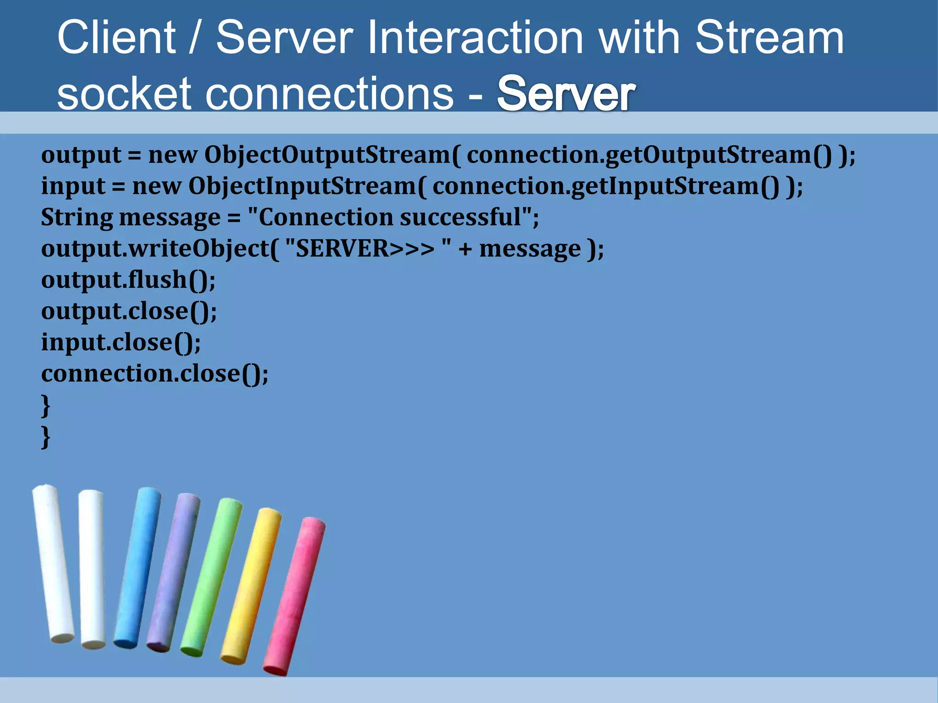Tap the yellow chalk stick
[251, 586]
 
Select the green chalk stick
[211, 577]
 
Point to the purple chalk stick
[173, 572]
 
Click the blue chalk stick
[137, 568]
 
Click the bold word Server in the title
[566, 94]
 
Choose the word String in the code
[77, 217]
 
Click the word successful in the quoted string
[461, 217]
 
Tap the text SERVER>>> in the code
[365, 249]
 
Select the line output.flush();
[128, 280]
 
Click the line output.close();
[129, 311]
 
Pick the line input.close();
[121, 342]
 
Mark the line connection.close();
[155, 373]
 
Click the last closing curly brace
[45, 437]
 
